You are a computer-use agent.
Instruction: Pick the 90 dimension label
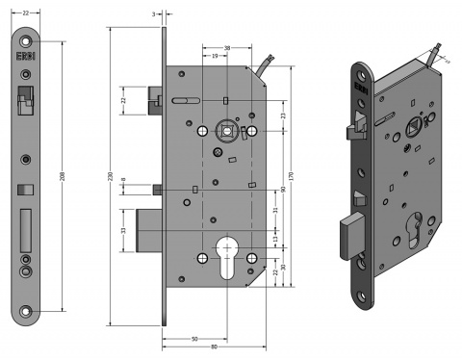(x=282, y=189)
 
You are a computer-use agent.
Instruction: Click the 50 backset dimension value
(x=195, y=339)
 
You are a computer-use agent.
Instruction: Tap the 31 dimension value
(x=274, y=210)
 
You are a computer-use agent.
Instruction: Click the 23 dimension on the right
(x=282, y=116)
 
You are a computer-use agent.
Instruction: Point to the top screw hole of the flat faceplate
(x=25, y=41)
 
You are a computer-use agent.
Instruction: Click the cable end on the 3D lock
(x=440, y=48)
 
